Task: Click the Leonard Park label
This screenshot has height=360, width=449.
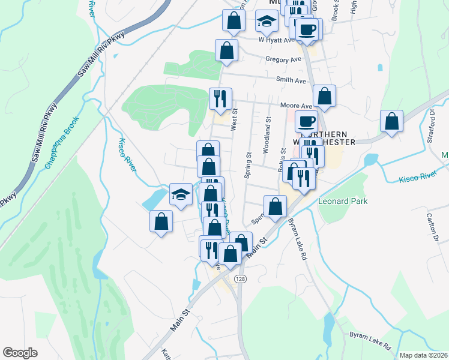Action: (343, 202)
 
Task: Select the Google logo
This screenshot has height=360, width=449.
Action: (20, 353)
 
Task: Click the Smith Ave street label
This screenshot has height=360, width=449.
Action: (291, 80)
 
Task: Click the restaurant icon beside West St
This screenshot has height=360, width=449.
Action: (220, 97)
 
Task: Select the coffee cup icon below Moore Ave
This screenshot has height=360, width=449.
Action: (306, 121)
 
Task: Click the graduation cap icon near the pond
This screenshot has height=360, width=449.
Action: (181, 194)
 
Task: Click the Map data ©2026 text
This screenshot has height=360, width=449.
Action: (424, 355)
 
